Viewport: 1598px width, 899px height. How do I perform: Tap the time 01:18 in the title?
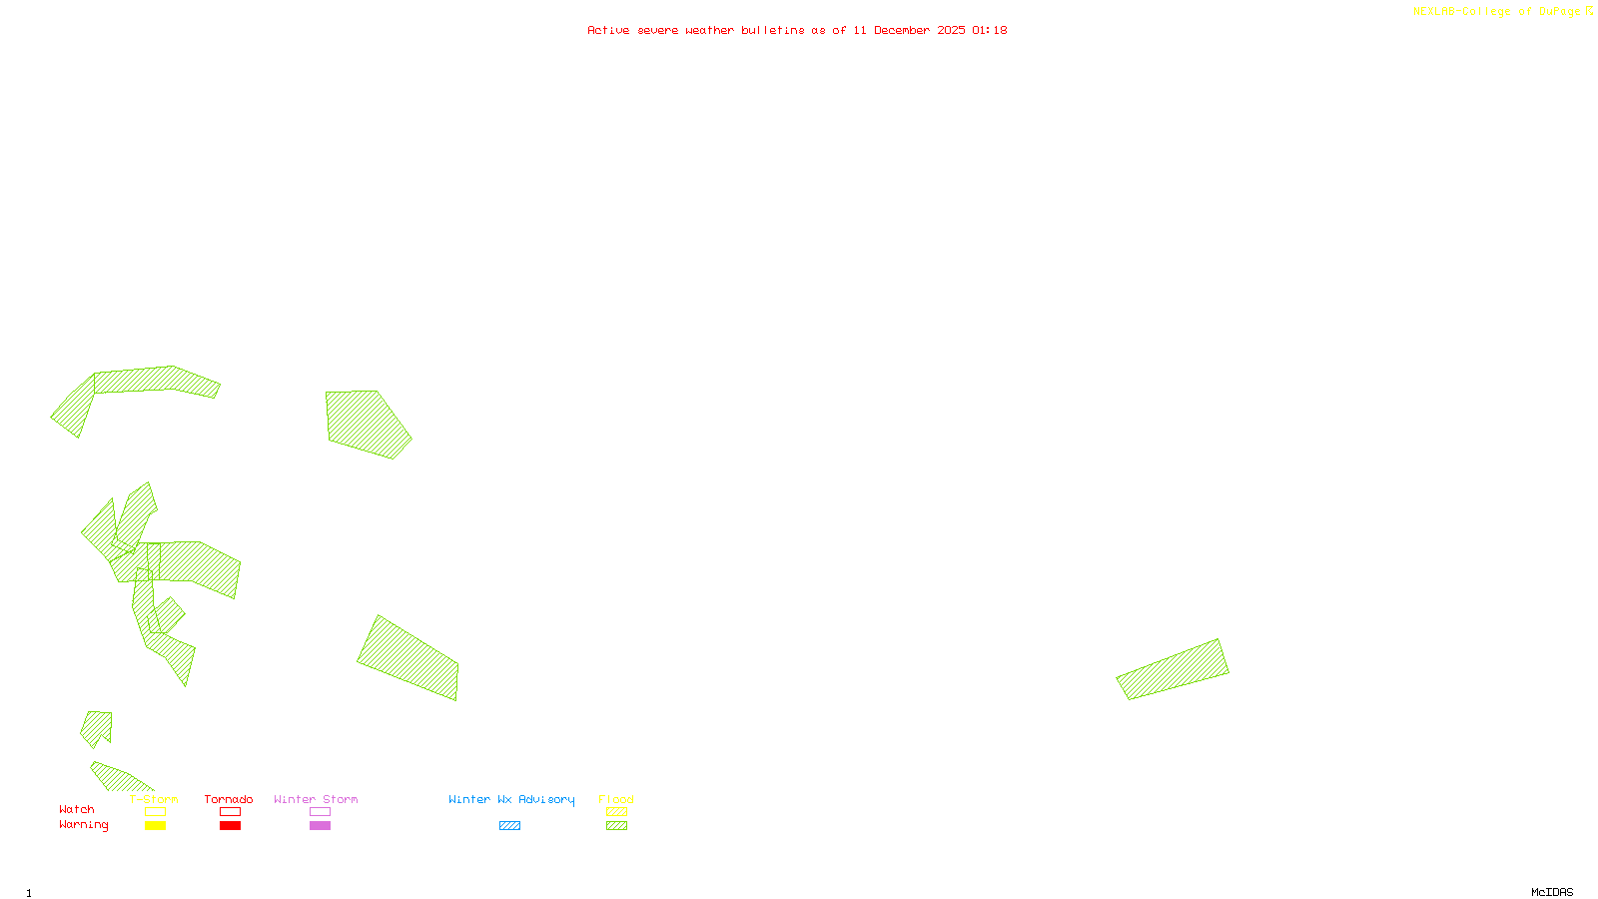click(989, 30)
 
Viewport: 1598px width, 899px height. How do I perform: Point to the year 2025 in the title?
click(951, 30)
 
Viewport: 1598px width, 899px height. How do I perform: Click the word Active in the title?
click(608, 30)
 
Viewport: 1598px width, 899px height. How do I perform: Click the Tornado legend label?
click(229, 799)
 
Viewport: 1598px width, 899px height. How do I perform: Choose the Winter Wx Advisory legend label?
click(511, 799)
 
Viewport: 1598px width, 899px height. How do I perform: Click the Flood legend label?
click(616, 799)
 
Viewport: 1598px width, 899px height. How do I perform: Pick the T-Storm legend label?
click(154, 799)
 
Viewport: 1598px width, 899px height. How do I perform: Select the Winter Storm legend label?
click(316, 799)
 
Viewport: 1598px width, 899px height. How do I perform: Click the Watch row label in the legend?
click(77, 809)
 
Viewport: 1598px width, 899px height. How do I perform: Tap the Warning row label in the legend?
click(84, 825)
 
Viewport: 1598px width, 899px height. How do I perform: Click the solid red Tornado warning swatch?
click(231, 826)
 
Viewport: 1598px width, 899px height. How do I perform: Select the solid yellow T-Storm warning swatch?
click(155, 826)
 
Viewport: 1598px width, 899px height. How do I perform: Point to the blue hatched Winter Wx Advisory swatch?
click(509, 826)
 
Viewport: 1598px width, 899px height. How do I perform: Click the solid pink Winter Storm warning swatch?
click(320, 826)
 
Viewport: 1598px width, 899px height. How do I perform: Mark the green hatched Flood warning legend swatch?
click(617, 826)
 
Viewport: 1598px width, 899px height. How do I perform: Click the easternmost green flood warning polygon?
click(1174, 669)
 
